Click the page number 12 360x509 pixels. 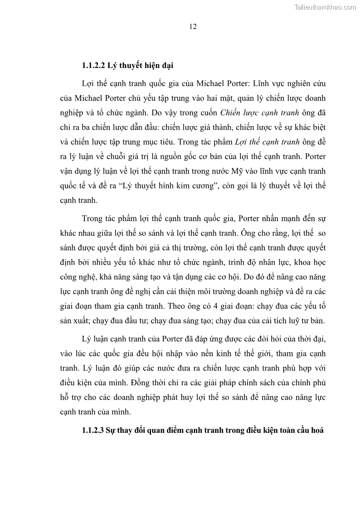(193, 27)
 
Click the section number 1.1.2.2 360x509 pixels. (93, 65)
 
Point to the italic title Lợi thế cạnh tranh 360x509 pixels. (272, 142)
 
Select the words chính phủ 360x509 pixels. (310, 383)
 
